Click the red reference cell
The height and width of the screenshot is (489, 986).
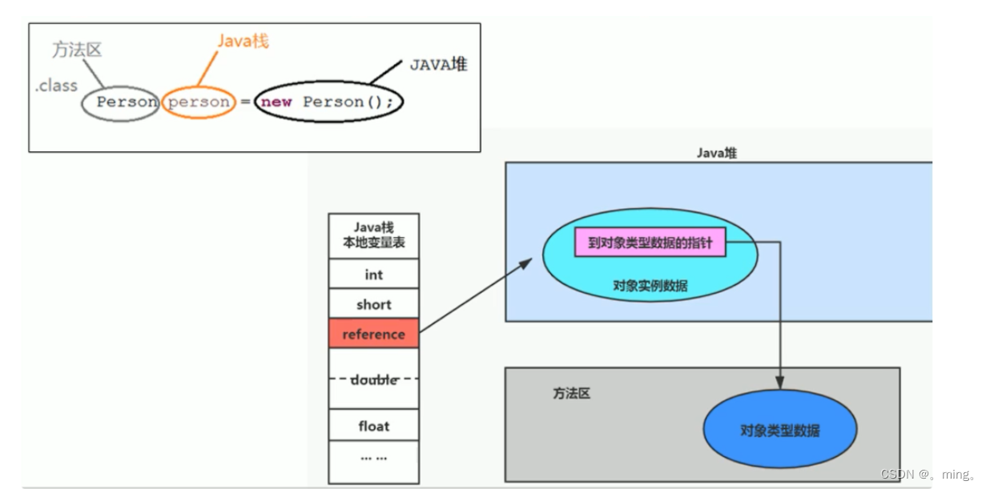click(373, 334)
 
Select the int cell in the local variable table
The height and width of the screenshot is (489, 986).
click(373, 275)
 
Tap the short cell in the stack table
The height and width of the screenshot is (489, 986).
click(373, 304)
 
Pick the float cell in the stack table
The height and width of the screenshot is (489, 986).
click(373, 426)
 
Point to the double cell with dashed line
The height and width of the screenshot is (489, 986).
click(373, 379)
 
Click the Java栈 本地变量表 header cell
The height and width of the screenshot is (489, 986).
click(373, 235)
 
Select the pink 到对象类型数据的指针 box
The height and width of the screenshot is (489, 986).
click(650, 242)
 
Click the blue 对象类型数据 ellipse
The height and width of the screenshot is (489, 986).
click(779, 431)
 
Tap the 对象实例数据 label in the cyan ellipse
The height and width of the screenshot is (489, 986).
click(650, 286)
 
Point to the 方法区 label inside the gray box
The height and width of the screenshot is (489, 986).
click(571, 394)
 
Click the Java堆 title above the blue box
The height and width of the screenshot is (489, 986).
click(716, 153)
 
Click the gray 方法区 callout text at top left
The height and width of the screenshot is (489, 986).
click(77, 50)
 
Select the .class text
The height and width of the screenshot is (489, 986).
click(56, 86)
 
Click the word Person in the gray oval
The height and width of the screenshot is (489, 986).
click(127, 102)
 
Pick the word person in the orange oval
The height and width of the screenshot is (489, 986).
click(199, 102)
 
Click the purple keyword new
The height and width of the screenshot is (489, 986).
click(276, 102)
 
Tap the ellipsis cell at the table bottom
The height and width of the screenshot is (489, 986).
click(373, 458)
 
